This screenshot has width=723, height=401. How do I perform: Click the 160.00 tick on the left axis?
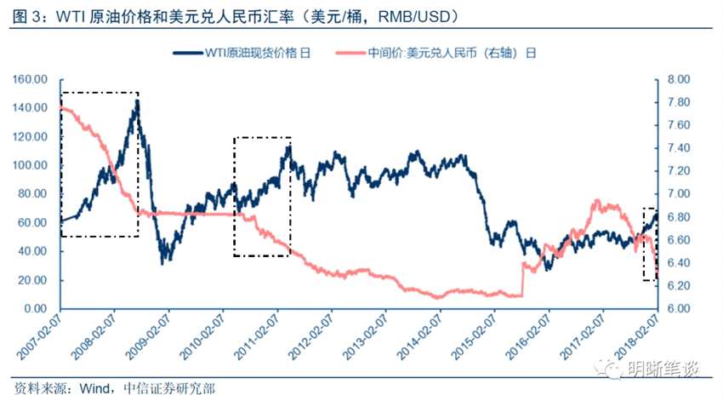point(30,79)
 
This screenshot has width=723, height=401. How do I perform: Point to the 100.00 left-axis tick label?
point(30,165)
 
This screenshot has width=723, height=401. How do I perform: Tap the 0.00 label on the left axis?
point(36,308)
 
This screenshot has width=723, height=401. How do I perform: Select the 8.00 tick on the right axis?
point(678,79)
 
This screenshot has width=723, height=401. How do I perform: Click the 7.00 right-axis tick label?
point(678,194)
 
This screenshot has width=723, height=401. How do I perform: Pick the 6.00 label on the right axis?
point(678,308)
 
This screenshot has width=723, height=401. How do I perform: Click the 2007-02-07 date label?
point(39,338)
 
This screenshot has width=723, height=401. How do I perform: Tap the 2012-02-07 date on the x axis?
point(310,338)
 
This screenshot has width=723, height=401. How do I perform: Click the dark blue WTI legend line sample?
point(188,53)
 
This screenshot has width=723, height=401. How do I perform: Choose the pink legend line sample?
point(350,53)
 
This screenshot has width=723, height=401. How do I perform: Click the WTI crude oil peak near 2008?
point(137,101)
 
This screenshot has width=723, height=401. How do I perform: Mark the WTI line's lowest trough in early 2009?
point(162,263)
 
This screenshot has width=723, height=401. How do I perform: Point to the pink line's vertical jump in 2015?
point(522,279)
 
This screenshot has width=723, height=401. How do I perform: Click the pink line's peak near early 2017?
point(597,201)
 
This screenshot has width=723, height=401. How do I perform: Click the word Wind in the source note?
point(94,388)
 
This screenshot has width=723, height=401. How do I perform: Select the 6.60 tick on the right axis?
point(678,239)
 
